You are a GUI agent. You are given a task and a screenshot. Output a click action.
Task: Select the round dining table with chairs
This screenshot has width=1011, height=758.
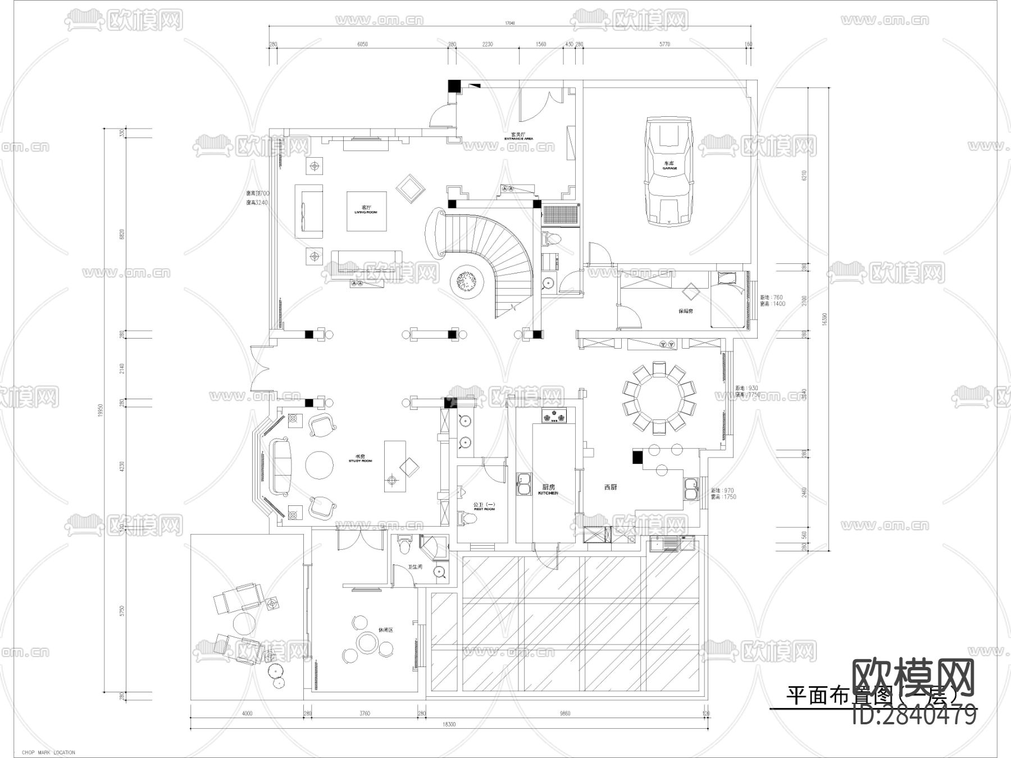point(658,398)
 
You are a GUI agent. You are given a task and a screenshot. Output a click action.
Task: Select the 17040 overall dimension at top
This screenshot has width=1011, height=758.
point(509,24)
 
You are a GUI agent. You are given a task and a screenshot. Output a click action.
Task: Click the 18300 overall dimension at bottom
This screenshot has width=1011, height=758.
point(449,724)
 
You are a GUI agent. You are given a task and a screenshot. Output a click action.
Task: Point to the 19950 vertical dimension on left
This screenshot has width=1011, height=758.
point(101,410)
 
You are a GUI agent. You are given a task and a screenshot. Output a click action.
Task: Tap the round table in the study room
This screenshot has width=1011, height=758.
point(322,465)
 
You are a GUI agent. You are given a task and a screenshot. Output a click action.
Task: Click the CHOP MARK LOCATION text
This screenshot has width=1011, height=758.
point(48,752)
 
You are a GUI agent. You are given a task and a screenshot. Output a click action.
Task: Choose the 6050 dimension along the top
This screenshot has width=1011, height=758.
point(362,44)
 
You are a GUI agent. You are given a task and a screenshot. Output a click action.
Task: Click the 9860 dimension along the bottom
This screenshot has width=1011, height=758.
point(564,714)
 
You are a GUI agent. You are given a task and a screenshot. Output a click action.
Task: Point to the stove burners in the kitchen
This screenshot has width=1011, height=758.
point(554,417)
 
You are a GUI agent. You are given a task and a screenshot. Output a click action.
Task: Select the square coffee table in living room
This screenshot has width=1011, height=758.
point(366,211)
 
